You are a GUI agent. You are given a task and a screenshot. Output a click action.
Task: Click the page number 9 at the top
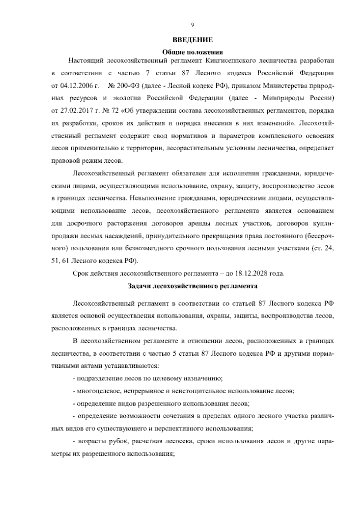pos(192,25)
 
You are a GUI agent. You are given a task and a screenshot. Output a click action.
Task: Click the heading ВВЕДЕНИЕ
pos(192,40)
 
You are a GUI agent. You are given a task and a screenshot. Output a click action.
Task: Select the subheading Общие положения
pos(192,51)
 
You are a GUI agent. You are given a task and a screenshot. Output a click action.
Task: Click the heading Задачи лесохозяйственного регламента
pos(192,286)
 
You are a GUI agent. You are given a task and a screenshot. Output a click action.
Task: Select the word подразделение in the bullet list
pos(96,379)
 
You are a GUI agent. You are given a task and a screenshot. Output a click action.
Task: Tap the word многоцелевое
pos(95,391)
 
